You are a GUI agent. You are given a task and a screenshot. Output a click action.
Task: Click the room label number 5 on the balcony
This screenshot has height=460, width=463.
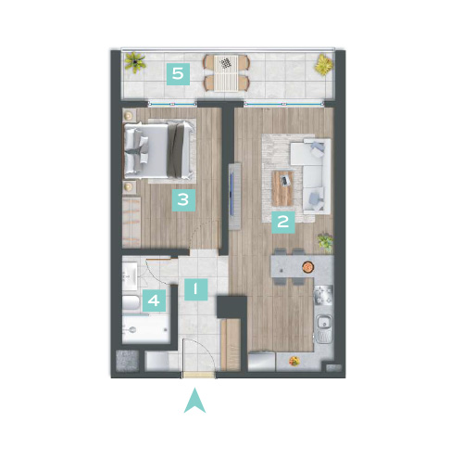pos(178,74)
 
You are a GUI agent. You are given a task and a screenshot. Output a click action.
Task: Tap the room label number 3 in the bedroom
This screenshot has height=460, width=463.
pos(183,199)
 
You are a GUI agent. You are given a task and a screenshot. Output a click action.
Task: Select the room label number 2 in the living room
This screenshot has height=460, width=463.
pos(283,222)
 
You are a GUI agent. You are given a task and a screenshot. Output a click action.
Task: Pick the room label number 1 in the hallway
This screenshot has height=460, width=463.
pos(196,289)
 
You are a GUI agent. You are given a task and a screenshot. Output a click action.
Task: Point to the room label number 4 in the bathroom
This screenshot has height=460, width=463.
pos(154,300)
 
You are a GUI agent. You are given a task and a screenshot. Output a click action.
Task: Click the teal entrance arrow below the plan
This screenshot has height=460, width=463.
pos(194,401)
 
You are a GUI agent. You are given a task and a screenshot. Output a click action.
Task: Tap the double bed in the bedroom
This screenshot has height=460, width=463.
pos(159,150)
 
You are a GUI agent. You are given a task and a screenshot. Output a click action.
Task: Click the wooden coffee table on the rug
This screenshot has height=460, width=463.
pos(282,188)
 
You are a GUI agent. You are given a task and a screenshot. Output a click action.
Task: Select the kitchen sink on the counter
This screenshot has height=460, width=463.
pos(323,328)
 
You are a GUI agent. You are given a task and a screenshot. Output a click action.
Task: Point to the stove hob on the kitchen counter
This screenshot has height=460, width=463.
pos(323,295)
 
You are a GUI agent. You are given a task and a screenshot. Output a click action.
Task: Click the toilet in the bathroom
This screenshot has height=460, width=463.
pos(131,302)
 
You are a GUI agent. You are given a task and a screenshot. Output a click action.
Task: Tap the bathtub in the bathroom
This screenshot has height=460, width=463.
pos(146,328)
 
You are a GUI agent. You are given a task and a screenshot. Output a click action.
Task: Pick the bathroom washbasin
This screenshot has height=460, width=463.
pos(130,276)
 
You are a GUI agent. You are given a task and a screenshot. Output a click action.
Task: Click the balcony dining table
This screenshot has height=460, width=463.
pos(226,73)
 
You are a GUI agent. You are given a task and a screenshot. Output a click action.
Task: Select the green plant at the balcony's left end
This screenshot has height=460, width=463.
pos(135,62)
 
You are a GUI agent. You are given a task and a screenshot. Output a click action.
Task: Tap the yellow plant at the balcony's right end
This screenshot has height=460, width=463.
pos(324,65)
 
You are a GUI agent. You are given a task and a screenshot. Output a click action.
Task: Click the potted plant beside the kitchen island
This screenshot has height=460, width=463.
pos(326,242)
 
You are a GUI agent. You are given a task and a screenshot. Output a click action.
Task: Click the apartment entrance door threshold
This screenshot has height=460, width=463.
pos(197,375)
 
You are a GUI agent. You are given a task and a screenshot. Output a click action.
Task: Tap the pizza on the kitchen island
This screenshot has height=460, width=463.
pos(307,266)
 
